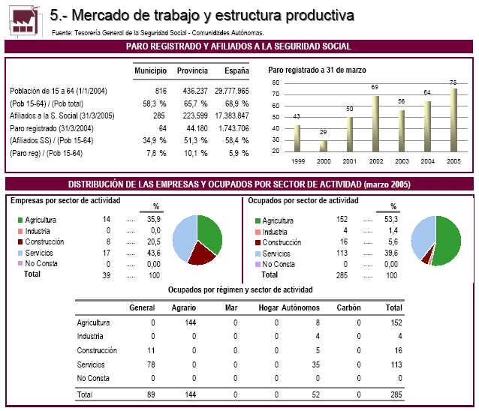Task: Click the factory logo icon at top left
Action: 24,21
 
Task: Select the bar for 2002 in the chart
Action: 375,124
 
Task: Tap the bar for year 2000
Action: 323,146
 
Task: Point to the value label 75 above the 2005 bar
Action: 453,82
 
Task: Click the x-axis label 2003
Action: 402,161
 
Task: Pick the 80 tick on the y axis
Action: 276,82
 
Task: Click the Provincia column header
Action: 192,70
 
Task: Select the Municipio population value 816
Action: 161,91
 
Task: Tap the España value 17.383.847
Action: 232,115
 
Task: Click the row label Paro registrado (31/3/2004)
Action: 52,128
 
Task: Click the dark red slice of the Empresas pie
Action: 201,253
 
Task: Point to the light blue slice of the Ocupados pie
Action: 422,236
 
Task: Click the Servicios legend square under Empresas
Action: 20,253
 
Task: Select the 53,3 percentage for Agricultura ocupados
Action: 391,220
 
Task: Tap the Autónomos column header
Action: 300,307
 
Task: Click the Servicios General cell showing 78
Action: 151,364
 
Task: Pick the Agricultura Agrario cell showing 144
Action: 190,322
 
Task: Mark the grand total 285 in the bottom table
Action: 396,394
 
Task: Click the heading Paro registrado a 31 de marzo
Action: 317,70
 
